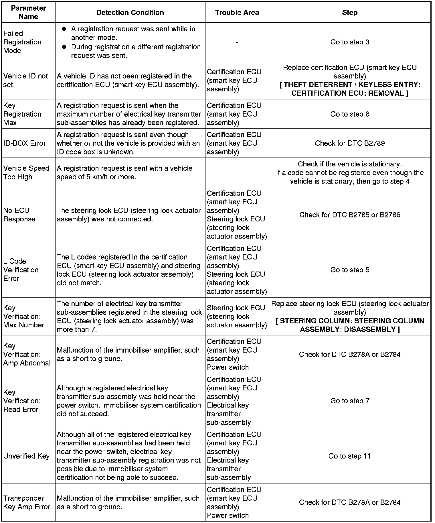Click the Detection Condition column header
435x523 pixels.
(x=130, y=12)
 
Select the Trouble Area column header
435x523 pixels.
(x=237, y=12)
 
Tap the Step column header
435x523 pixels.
(x=349, y=12)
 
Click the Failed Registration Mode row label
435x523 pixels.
(x=22, y=42)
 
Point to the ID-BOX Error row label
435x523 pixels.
(x=25, y=143)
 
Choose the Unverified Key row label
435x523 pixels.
(x=26, y=456)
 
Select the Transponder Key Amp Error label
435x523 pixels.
(x=27, y=502)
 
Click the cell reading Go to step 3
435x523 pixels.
(x=350, y=42)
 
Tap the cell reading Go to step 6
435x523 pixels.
(x=350, y=114)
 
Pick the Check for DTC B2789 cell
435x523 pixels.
(x=350, y=143)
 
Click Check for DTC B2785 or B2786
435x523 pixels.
(x=350, y=215)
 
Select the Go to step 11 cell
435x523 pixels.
(x=350, y=456)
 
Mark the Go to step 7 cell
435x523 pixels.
(x=350, y=401)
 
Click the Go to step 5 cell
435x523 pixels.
(x=350, y=270)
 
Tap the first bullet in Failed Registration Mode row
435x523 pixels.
(x=64, y=29)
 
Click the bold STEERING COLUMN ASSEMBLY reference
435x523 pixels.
(x=350, y=325)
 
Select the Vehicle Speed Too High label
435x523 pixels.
(x=26, y=172)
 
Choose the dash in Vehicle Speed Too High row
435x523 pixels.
(x=237, y=173)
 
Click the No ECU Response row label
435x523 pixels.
(x=19, y=215)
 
